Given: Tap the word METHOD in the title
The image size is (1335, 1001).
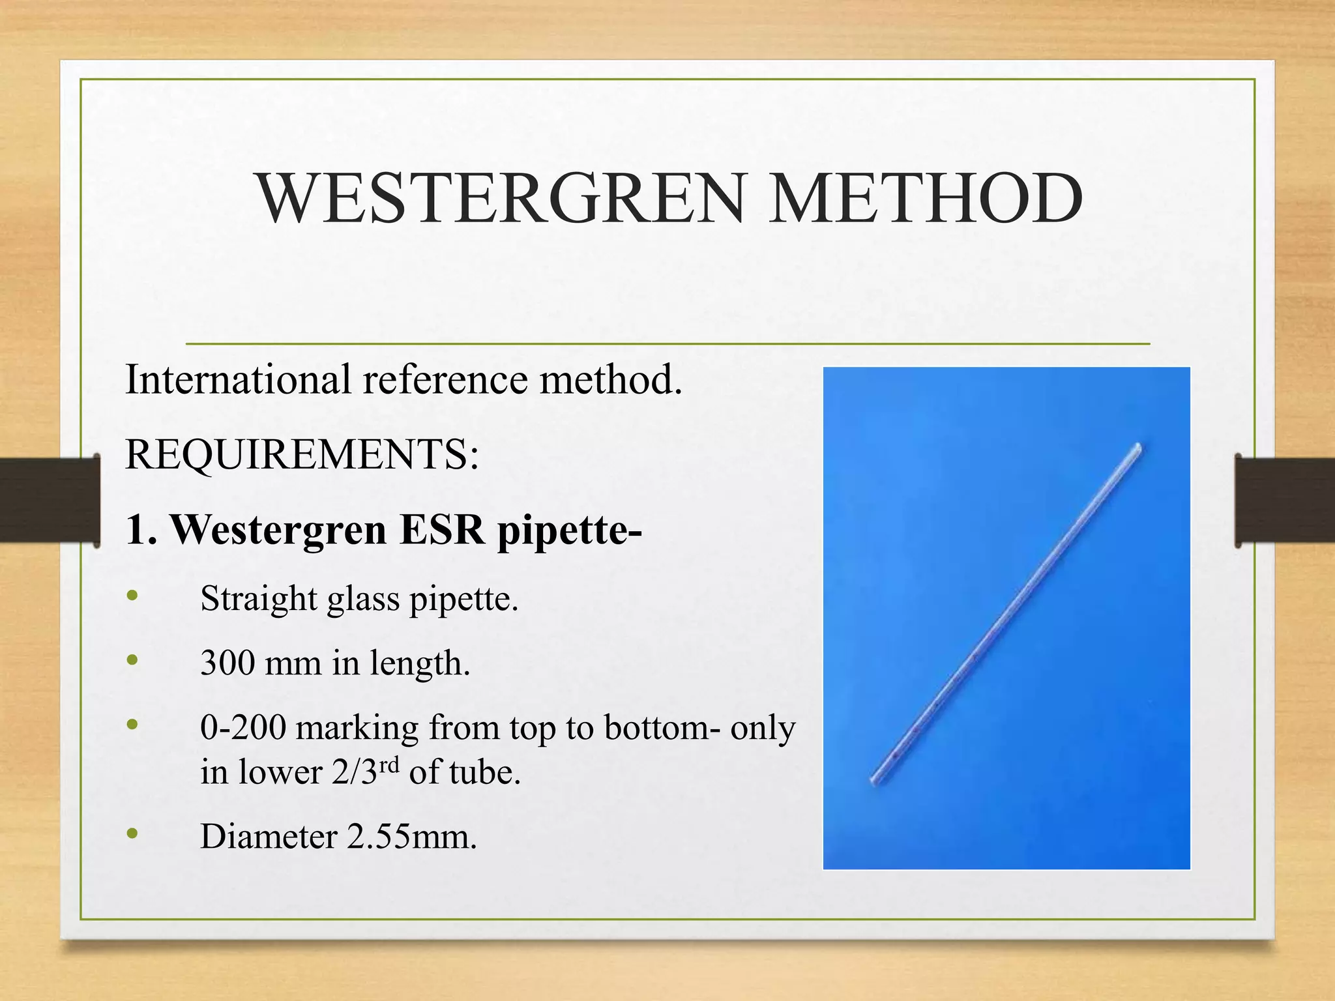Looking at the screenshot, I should click(926, 198).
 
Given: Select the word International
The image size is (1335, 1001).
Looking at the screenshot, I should click(238, 379).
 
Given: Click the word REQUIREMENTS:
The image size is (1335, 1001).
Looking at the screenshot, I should click(302, 454).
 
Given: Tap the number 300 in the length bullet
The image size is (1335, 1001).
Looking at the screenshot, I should click(227, 663).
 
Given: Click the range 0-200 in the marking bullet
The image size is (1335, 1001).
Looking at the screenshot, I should click(242, 727).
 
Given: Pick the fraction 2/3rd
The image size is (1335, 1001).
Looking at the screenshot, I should click(364, 772).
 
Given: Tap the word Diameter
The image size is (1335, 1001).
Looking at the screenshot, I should click(269, 836).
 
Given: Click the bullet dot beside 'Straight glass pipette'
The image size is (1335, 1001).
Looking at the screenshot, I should click(133, 595).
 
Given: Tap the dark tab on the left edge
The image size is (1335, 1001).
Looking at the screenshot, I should click(50, 500).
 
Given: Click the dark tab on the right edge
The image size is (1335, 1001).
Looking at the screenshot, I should click(1285, 500).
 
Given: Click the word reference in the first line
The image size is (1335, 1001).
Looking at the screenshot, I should click(445, 379).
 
